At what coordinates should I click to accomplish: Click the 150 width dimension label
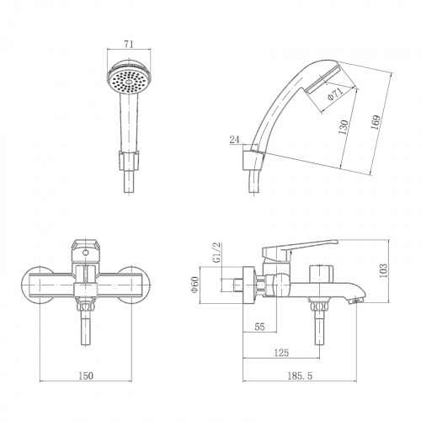[86, 376]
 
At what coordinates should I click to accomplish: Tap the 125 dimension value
[281, 353]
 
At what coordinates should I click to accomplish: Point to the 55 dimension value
[260, 327]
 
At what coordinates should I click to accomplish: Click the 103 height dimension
[383, 270]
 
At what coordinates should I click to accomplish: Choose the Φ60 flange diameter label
[195, 285]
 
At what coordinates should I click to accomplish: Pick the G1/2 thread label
[217, 253]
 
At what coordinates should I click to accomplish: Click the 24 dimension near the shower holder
[235, 140]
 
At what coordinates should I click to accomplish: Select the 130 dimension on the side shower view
[344, 127]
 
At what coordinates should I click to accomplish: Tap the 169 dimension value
[376, 122]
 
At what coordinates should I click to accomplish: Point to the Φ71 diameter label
[335, 93]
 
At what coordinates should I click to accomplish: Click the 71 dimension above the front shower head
[129, 44]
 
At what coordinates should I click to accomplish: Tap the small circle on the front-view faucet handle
[86, 253]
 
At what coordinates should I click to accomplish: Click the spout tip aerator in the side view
[355, 301]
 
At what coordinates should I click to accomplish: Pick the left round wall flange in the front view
[38, 285]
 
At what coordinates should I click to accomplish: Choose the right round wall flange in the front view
[134, 285]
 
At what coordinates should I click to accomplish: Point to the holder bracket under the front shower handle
[129, 160]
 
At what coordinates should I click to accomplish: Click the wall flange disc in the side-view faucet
[249, 285]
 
